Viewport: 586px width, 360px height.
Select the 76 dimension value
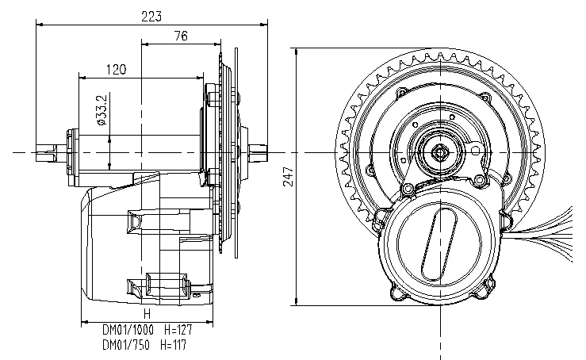(181, 36)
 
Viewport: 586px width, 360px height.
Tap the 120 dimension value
(116, 69)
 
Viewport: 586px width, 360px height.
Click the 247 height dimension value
(289, 176)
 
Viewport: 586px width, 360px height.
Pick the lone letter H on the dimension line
(146, 314)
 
